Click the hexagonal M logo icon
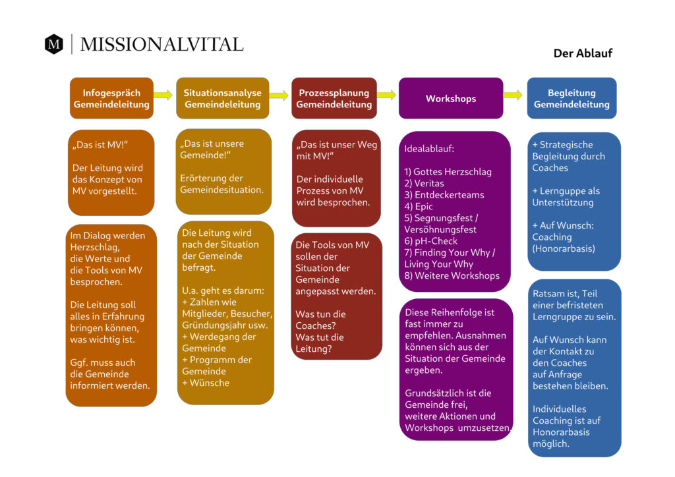(x=54, y=44)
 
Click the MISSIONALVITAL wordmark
(x=162, y=44)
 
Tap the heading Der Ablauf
(x=583, y=53)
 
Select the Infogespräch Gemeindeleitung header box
(x=111, y=98)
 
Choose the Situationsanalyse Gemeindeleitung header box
(x=223, y=98)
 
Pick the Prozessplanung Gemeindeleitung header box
(x=334, y=98)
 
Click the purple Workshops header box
(x=451, y=98)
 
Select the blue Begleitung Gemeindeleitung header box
(x=572, y=98)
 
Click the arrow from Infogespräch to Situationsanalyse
(x=163, y=95)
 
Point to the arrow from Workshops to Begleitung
(x=513, y=95)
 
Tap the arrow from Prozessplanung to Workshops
(x=386, y=95)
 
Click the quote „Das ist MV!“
(x=100, y=145)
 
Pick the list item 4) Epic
(x=419, y=206)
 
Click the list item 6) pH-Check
(x=430, y=241)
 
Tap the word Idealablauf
(x=428, y=149)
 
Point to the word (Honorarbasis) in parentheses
(x=564, y=248)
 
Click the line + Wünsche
(x=206, y=383)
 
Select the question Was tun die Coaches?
(x=321, y=320)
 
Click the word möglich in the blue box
(x=551, y=444)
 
